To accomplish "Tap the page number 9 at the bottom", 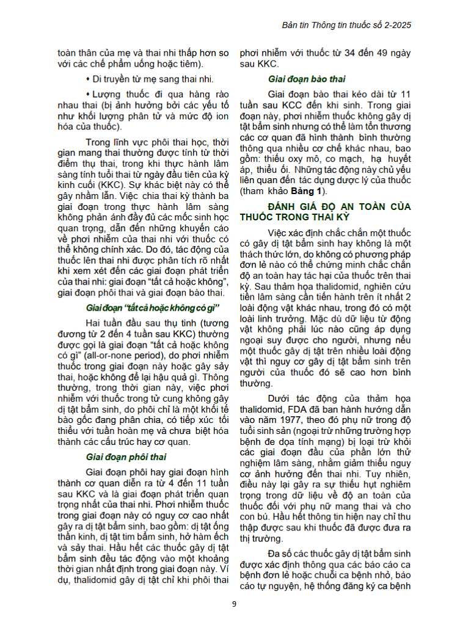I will pos(234,604).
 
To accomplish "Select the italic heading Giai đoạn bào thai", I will pos(307,79).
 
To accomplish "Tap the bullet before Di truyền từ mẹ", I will pos(88,79).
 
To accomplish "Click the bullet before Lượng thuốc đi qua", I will pos(88,95).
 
